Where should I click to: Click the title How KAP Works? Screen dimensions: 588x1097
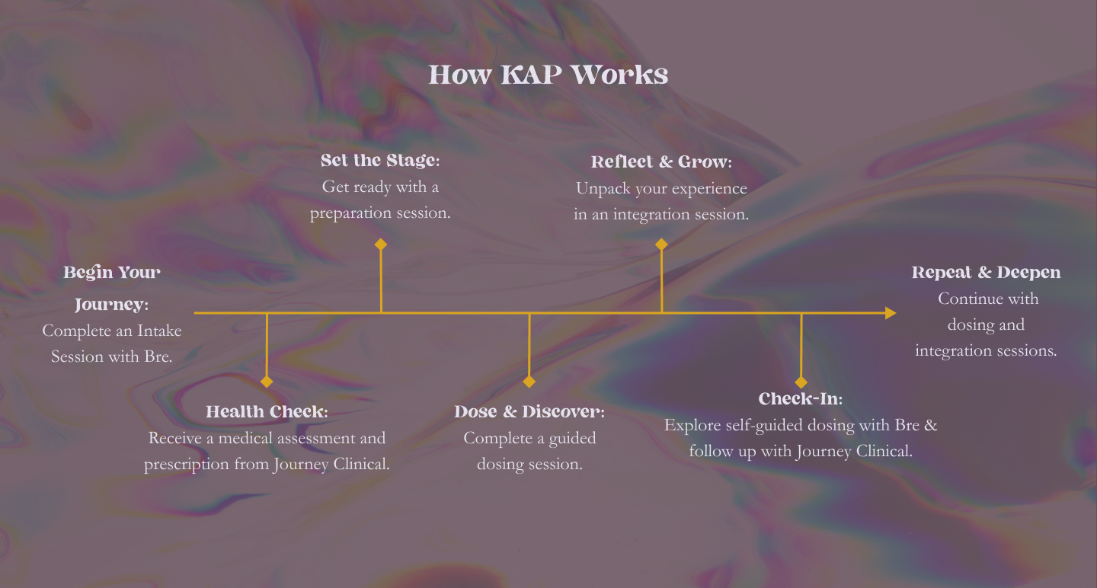(x=548, y=75)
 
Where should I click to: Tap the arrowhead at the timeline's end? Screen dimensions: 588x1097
(x=890, y=313)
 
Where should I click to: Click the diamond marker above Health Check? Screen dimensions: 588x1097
(x=267, y=382)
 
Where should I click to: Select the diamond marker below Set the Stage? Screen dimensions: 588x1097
(x=381, y=244)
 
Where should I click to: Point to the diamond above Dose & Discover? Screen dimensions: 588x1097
(x=529, y=382)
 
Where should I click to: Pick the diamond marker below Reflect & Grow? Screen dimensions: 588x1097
(x=661, y=244)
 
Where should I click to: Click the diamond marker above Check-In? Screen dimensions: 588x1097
(x=801, y=382)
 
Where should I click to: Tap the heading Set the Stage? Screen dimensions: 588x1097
(x=380, y=161)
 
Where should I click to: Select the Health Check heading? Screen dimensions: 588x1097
(x=267, y=412)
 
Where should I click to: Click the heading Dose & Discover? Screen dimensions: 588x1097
(x=529, y=412)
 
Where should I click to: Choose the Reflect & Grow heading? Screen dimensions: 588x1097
(x=661, y=162)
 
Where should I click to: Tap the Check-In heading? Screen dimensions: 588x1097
(x=801, y=399)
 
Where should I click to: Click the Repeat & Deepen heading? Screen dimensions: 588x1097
(x=986, y=273)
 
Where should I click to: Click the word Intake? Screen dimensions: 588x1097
(x=159, y=331)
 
